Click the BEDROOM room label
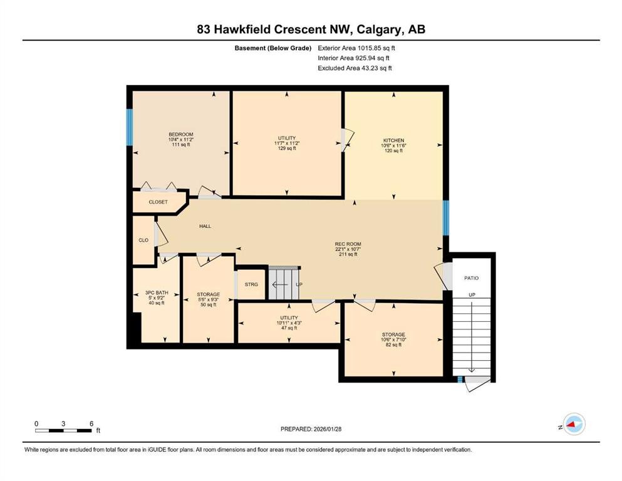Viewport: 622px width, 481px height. point(180,135)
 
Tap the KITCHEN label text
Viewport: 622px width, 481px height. point(393,140)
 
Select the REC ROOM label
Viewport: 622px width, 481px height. point(348,244)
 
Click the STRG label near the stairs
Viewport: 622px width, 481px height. point(251,284)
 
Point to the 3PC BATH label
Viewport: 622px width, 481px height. point(156,292)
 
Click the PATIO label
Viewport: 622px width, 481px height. point(471,277)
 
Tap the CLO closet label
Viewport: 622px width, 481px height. point(143,240)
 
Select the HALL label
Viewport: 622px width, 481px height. point(205,226)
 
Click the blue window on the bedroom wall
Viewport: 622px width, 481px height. point(130,128)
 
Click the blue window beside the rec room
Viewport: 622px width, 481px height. point(445,217)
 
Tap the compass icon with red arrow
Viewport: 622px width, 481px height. point(573,425)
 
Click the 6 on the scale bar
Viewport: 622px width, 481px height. point(91,423)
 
